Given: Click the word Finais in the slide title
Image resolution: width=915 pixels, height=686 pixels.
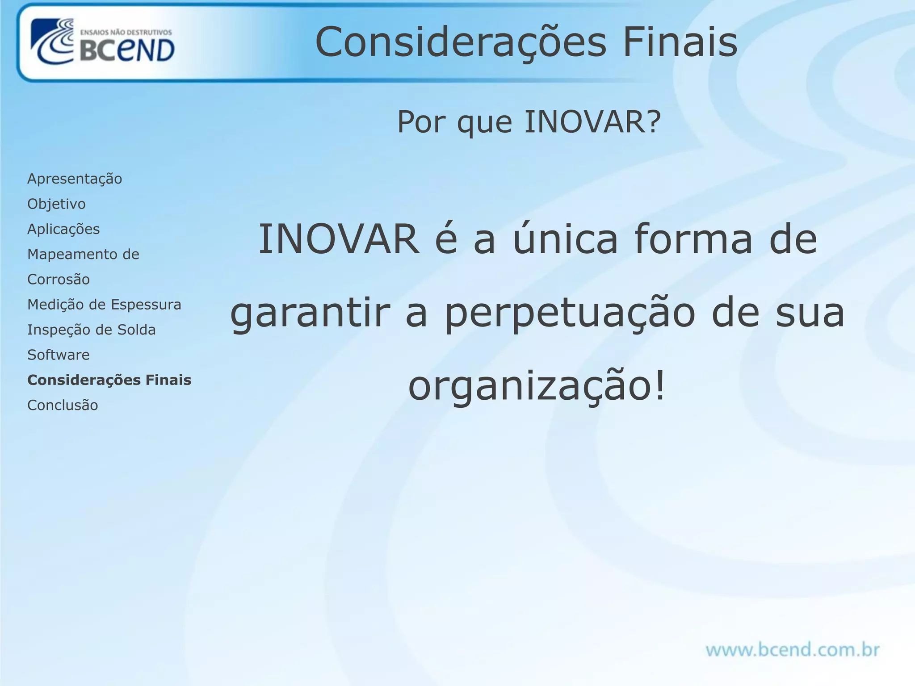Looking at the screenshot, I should coord(680,42).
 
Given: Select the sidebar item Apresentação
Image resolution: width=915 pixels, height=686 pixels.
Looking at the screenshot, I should coord(75,179).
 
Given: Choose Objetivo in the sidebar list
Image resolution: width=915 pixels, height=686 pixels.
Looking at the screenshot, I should coord(56,204).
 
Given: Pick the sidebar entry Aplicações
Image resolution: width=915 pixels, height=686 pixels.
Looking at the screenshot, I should coord(63,229).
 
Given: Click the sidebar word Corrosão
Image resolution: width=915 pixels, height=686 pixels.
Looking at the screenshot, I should coord(59,280).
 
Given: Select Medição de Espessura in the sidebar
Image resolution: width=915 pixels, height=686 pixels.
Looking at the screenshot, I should coord(104,305).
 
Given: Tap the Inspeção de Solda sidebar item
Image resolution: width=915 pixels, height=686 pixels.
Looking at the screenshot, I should coord(92,330).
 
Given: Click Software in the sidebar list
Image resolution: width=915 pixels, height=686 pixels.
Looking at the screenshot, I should coord(59,355).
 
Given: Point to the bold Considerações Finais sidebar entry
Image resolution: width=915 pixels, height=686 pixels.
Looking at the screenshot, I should coord(109,380).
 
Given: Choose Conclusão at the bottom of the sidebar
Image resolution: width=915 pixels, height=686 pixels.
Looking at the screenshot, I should coord(63,405).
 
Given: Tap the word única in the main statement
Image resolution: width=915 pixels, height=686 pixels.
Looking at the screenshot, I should coord(565,239).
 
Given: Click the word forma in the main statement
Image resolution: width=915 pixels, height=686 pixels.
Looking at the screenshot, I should coord(693,239).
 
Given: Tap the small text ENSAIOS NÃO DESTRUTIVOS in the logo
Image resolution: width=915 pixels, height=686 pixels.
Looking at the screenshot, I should coord(126,32).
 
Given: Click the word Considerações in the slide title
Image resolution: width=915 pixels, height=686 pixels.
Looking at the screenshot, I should coord(461,42).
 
